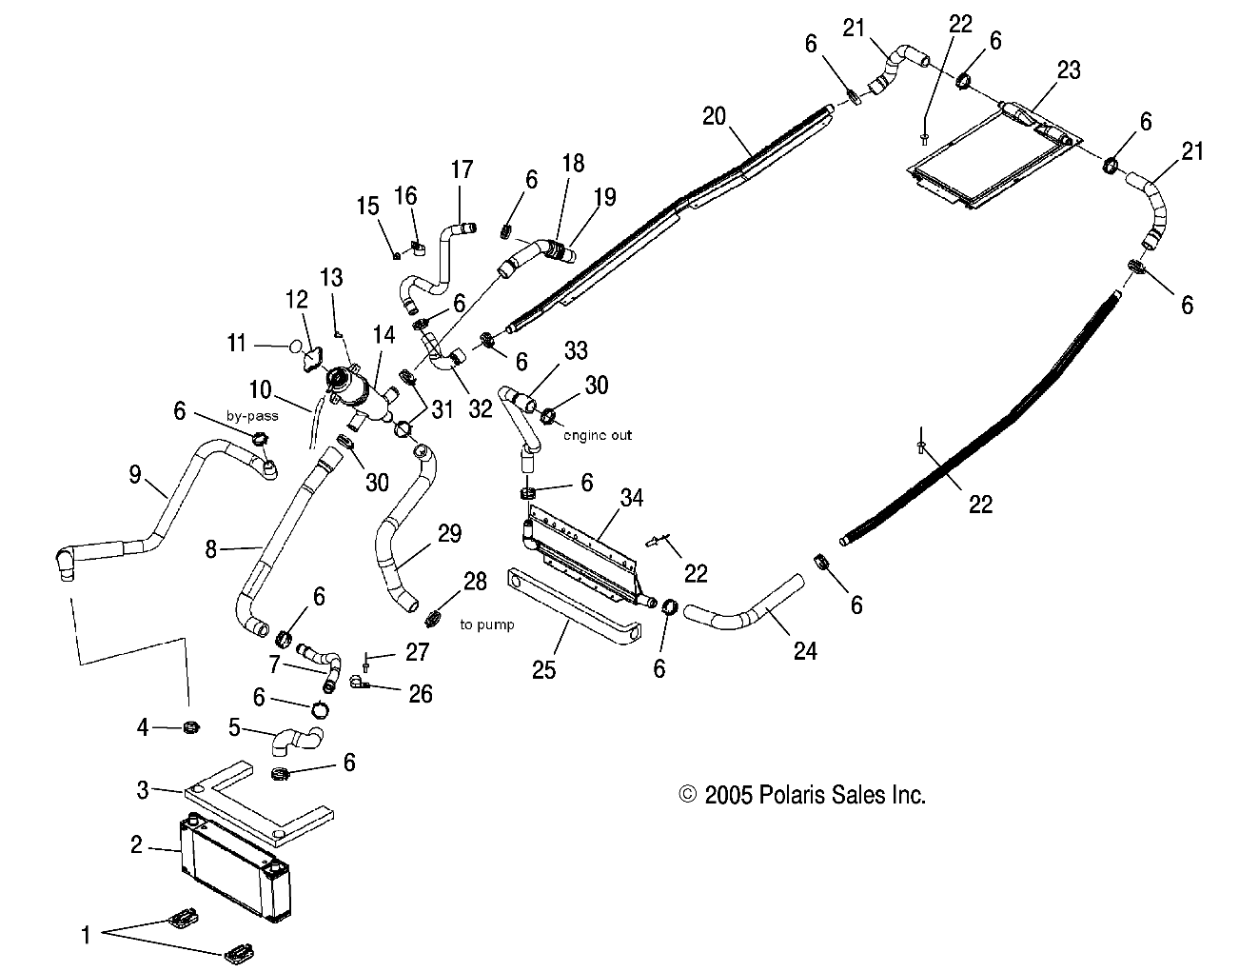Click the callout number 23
click(1069, 69)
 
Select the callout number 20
click(715, 116)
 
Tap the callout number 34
click(632, 497)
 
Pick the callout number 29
click(449, 533)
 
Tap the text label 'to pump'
click(486, 625)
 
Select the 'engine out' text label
click(597, 435)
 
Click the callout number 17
click(462, 170)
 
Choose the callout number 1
click(86, 936)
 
